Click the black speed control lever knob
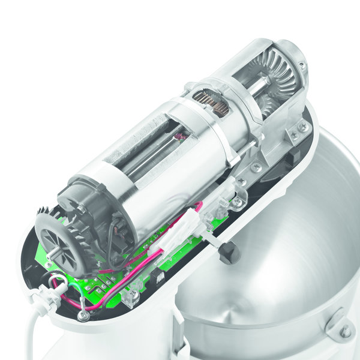229,254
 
